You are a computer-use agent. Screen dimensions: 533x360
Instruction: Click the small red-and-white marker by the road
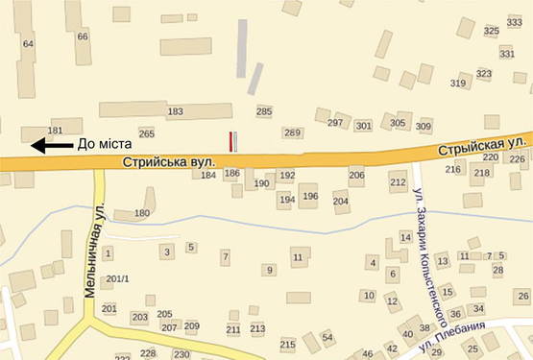coord(230,141)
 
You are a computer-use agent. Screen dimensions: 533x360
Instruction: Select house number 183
coord(175,112)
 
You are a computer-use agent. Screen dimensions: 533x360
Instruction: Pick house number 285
coord(264,112)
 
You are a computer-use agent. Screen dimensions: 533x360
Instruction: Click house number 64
coord(27,44)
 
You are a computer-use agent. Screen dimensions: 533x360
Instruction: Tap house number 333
coord(514,22)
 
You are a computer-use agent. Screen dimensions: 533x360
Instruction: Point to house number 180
coord(143,213)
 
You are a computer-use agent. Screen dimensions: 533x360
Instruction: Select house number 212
coord(398,181)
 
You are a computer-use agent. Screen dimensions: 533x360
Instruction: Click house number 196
coord(309,197)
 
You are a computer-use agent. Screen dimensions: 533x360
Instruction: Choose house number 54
coord(327,337)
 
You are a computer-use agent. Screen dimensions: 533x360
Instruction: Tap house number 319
coord(458,84)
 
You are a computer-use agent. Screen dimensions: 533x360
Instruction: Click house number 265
coord(146,133)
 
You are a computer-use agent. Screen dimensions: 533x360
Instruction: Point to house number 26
coord(522,296)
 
